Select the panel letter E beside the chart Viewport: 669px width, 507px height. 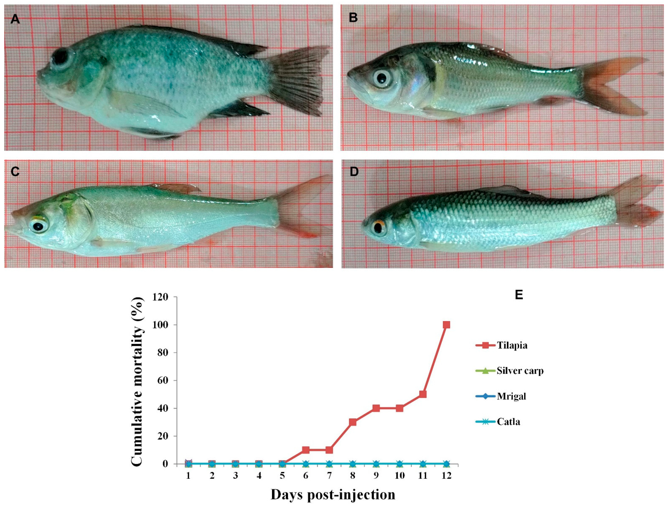[519, 295]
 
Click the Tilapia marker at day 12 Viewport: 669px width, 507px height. [446, 325]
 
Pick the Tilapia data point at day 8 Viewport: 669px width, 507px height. [352, 422]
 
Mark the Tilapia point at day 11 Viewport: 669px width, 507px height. [423, 394]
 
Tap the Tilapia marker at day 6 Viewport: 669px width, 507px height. [306, 450]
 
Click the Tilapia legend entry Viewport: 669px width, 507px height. [512, 345]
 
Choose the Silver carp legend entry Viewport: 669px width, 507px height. [520, 371]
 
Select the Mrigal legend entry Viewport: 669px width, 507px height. [511, 396]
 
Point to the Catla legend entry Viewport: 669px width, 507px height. [508, 422]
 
